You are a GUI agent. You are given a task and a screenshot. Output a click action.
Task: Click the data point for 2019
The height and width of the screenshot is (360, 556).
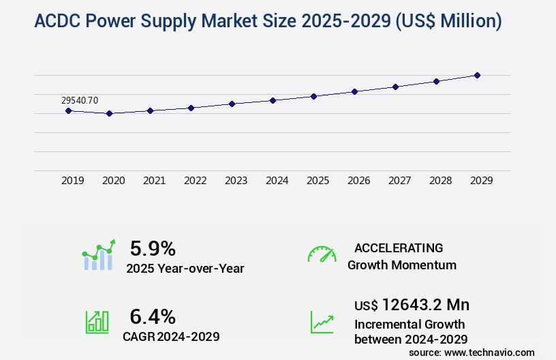point(68,110)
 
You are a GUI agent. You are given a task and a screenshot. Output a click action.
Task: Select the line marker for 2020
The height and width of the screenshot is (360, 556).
point(109,113)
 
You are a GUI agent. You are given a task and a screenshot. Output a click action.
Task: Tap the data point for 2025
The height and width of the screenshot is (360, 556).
point(313,96)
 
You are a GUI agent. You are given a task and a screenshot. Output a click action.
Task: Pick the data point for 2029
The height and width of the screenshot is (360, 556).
point(477,75)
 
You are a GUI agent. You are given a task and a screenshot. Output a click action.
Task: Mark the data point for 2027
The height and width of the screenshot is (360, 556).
point(395,87)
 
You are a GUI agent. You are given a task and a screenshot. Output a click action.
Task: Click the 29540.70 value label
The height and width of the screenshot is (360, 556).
point(80,100)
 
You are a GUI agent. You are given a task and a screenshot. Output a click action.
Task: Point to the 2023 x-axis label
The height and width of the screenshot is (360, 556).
point(236,181)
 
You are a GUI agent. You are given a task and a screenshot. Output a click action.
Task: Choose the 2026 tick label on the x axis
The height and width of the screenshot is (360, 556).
point(358,181)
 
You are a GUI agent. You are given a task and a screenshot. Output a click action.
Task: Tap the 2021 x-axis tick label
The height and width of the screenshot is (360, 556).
point(154,181)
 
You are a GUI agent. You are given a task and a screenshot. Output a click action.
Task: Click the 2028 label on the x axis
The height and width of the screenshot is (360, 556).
point(440,181)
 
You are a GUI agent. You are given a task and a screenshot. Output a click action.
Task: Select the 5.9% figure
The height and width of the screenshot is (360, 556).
point(153,248)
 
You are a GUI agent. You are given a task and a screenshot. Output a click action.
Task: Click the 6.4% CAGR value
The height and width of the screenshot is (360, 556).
point(153,316)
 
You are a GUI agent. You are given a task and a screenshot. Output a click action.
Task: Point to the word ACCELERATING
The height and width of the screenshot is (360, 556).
point(399,247)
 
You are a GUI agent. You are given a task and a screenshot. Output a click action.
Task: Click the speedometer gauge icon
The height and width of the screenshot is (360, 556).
point(322,254)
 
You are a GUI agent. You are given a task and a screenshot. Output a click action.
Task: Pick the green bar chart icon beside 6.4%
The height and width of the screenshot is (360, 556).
point(97,322)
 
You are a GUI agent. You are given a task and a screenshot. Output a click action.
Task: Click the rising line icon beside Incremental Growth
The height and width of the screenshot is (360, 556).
point(322,322)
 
